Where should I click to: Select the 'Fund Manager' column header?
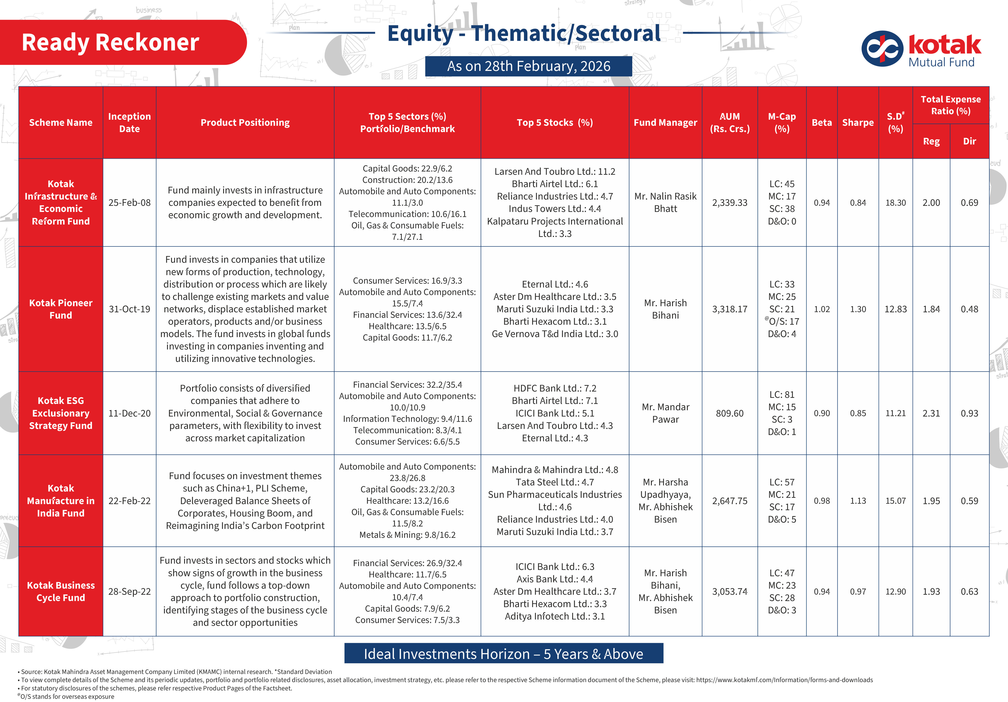click(x=665, y=123)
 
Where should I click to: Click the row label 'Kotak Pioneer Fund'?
click(x=61, y=309)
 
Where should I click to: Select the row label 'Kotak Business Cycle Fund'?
click(x=61, y=591)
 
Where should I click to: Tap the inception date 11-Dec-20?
click(x=129, y=413)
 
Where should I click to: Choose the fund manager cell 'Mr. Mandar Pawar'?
click(x=665, y=413)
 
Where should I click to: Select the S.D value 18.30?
click(x=895, y=202)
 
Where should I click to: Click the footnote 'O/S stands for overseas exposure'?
click(x=67, y=696)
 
